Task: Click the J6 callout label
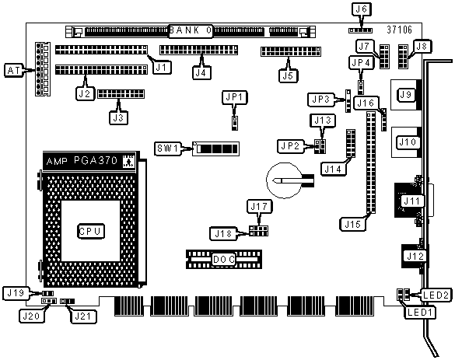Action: (361, 9)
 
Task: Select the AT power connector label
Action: (13, 71)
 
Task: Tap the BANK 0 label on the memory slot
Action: (191, 30)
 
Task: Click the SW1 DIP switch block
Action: (216, 149)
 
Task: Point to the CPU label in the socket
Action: (91, 231)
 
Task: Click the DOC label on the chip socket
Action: (223, 260)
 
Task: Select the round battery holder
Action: (284, 180)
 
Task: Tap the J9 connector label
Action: (405, 95)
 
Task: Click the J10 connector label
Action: (408, 142)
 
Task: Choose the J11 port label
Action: (411, 201)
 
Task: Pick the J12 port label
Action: (415, 256)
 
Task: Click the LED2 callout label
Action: (436, 295)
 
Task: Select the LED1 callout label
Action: (419, 313)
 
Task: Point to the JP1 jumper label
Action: (234, 97)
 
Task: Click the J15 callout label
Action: (352, 224)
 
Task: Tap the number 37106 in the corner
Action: (399, 30)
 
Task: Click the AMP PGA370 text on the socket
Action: (82, 160)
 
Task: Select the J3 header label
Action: (118, 117)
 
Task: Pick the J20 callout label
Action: (31, 316)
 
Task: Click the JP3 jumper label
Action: (321, 100)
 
